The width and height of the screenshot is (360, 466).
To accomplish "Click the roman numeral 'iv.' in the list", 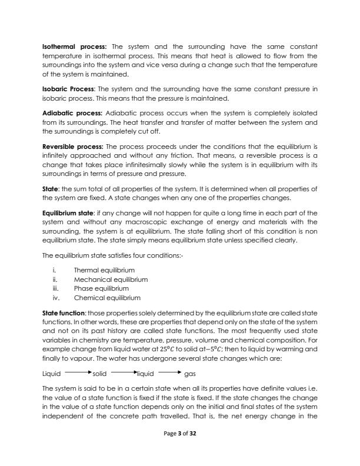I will click(56, 297).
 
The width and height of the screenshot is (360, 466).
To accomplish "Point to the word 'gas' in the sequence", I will click(190, 357).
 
